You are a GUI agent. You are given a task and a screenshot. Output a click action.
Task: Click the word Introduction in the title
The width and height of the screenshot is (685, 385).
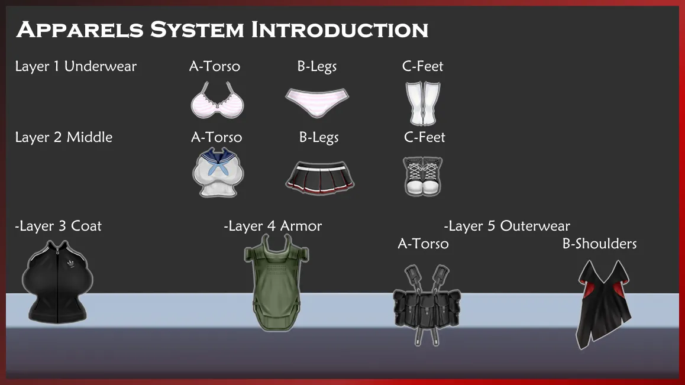point(340,30)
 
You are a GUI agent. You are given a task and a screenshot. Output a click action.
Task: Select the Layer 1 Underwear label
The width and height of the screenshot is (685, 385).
point(76,66)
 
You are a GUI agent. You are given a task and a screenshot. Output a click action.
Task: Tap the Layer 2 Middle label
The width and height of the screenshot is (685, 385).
point(64,137)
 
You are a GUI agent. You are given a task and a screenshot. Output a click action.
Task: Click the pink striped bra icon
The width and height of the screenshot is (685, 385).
point(217,100)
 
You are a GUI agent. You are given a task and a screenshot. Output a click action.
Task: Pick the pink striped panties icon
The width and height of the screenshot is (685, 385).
point(317,102)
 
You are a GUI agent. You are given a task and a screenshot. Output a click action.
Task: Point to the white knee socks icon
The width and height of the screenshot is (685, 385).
point(422,103)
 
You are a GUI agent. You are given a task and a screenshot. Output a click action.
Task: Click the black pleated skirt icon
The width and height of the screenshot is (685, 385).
point(320,177)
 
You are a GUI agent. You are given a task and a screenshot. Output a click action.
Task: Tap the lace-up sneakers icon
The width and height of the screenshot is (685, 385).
point(422,176)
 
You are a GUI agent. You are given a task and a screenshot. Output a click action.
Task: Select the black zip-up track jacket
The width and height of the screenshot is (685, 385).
point(57,282)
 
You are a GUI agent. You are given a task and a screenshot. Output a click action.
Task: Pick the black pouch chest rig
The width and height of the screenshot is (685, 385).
point(427,305)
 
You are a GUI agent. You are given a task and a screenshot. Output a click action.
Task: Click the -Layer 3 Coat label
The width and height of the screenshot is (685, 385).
point(58,226)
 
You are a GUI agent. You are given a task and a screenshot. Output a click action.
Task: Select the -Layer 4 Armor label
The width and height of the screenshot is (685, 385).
point(273,226)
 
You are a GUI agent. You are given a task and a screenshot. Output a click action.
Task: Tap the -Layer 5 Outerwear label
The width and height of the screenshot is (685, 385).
point(507,226)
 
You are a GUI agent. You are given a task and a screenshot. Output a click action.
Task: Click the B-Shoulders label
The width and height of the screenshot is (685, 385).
point(599,244)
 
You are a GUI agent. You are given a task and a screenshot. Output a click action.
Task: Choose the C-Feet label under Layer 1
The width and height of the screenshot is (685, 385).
point(422,66)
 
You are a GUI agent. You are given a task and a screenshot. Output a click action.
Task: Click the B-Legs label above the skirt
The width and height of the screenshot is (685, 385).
point(319,137)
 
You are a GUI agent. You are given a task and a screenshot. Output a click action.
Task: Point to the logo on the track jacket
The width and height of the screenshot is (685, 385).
point(70,264)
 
